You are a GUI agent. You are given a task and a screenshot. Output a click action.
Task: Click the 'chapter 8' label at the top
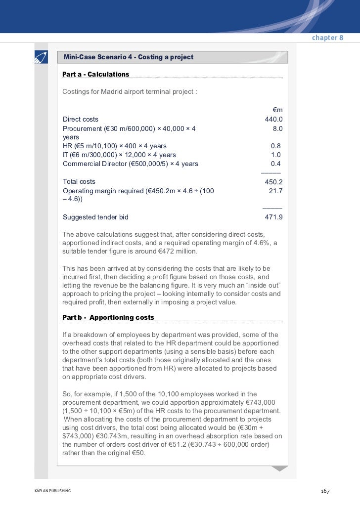[327, 39]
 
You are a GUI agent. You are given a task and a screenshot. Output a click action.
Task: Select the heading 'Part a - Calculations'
[95, 74]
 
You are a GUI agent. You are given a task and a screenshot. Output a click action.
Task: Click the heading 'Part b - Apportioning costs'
[108, 317]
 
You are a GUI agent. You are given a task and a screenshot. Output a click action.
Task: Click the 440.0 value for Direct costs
[273, 119]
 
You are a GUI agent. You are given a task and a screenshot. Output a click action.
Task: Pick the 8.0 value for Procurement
[277, 128]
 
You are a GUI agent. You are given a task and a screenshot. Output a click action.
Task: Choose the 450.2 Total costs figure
[273, 182]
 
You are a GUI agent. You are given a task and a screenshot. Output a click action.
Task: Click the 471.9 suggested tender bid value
[274, 216]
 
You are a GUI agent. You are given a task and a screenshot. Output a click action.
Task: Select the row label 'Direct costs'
[80, 119]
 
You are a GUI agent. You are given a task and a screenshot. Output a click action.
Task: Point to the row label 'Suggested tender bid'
[95, 216]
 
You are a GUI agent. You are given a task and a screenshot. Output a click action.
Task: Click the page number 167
[325, 491]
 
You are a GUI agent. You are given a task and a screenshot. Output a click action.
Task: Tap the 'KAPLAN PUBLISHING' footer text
[52, 491]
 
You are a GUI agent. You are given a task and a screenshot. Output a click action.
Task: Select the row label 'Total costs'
[79, 181]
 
